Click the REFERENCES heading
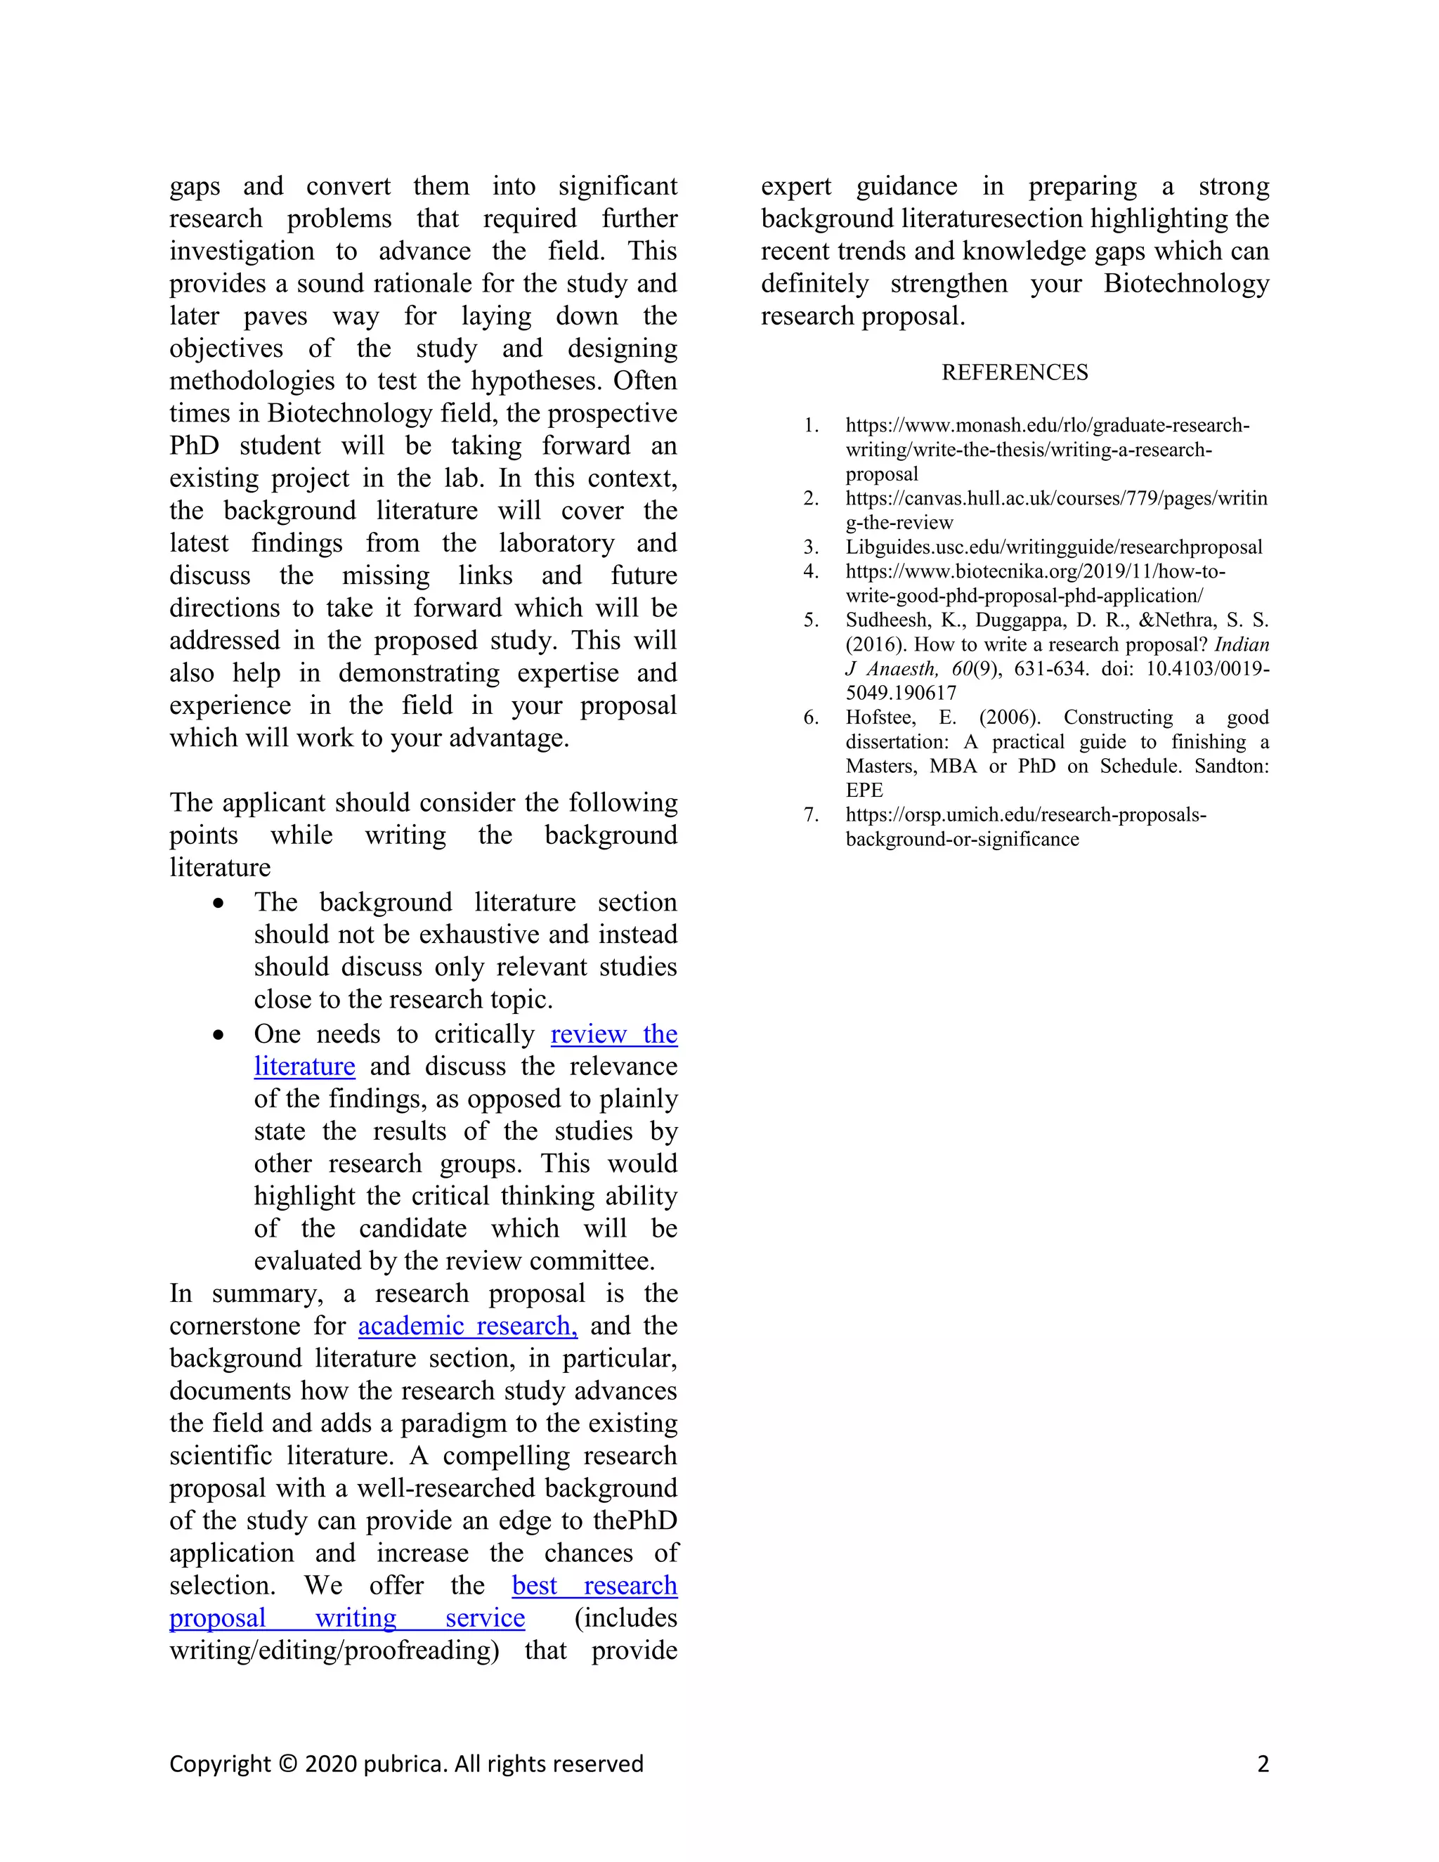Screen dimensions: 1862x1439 point(1015,372)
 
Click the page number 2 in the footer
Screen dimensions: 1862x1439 point(1263,1763)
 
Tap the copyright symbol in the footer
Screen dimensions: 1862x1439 point(288,1763)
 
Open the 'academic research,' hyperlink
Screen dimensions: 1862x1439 point(467,1326)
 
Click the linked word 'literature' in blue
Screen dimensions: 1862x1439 point(304,1067)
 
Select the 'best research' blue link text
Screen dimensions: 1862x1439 point(594,1585)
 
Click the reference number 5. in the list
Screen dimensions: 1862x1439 point(811,620)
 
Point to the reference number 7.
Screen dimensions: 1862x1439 point(811,815)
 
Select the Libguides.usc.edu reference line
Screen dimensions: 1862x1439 point(1054,547)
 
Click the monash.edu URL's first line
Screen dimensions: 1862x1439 point(1047,425)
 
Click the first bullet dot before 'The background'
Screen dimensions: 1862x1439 point(219,903)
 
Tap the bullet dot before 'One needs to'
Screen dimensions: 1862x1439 point(219,1035)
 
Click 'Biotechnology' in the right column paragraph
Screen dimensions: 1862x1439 point(1186,283)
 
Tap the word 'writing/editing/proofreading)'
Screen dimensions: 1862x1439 point(334,1650)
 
